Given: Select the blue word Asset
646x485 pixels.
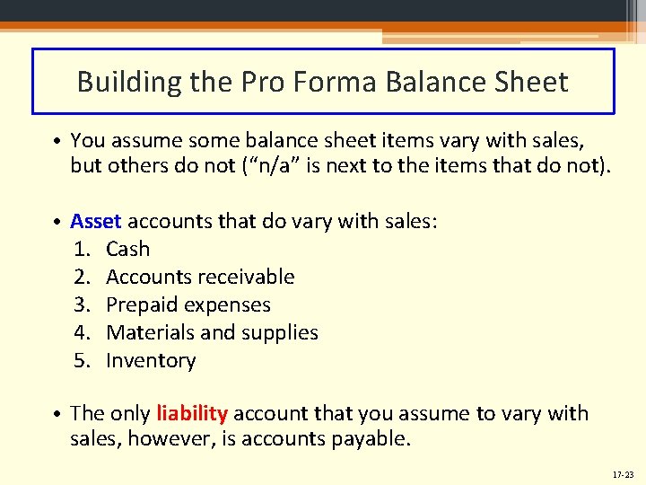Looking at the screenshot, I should click(96, 221).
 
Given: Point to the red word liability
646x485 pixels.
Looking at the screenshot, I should click(192, 413).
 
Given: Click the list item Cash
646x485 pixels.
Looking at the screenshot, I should click(128, 249).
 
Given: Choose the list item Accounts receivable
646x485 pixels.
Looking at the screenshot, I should click(200, 277).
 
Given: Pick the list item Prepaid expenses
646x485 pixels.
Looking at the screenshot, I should click(188, 304).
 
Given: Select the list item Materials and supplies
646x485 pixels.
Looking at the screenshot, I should click(212, 332).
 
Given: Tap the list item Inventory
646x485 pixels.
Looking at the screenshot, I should click(151, 360).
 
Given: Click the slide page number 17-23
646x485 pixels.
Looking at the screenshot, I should click(624, 472).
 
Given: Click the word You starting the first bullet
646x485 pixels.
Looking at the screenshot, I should click(87, 139).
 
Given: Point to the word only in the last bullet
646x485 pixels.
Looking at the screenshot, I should click(130, 413).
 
